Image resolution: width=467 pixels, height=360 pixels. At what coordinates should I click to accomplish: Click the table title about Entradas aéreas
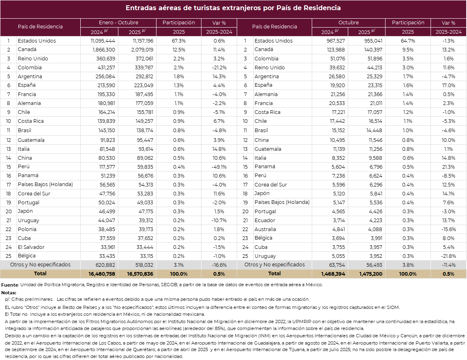[x=233, y=8]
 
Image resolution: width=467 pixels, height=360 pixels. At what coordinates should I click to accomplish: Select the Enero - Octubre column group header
[x=118, y=23]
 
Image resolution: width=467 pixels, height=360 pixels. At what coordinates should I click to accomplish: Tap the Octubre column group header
[x=349, y=23]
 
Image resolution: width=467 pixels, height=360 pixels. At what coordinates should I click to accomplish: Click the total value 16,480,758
[x=102, y=274]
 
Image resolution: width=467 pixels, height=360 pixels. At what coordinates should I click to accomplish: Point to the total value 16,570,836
[x=140, y=274]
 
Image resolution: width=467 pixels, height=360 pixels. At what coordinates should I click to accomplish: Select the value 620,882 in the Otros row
[x=105, y=265]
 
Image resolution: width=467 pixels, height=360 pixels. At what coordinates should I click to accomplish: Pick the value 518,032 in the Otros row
[x=144, y=265]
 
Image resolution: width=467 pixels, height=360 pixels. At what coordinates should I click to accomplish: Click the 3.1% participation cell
[x=179, y=265]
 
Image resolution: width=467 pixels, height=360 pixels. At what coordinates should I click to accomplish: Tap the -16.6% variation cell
[x=219, y=265]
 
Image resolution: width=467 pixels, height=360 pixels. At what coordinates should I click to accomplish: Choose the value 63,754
[x=337, y=265]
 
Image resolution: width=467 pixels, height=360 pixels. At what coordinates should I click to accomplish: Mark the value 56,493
[x=374, y=265]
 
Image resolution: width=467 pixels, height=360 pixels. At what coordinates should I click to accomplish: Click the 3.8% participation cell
[x=408, y=265]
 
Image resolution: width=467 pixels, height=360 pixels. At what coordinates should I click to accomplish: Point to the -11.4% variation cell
[x=449, y=265]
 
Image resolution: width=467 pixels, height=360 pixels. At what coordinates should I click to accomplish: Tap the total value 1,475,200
[x=371, y=274]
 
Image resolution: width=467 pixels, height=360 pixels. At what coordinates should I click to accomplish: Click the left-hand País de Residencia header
[x=40, y=27]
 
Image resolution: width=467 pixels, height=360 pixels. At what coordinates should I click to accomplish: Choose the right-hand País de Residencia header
[x=274, y=27]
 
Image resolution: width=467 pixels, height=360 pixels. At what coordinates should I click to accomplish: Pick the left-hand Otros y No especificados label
[x=40, y=265]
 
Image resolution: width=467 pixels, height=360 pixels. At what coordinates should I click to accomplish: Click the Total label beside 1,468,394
[x=274, y=274]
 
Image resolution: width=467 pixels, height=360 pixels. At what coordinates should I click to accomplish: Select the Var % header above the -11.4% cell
[x=448, y=23]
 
